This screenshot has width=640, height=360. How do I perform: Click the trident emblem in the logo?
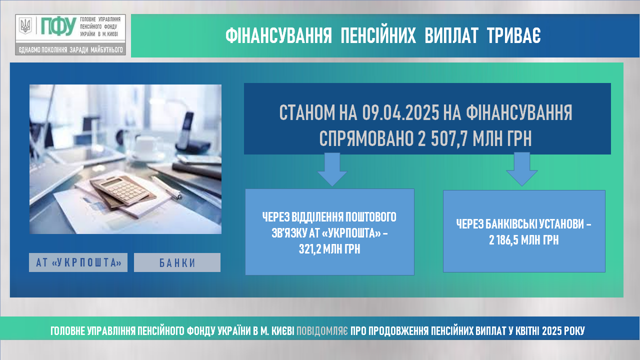tap(25, 25)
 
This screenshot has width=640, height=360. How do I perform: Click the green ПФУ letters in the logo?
tap(58, 26)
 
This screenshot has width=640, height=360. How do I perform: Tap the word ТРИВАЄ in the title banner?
tap(513, 36)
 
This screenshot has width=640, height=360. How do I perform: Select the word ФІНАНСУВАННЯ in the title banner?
tap(278, 36)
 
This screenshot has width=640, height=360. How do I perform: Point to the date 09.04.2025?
tap(400, 112)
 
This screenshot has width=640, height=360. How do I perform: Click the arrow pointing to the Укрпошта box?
tap(332, 169)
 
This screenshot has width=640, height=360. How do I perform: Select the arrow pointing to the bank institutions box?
tap(522, 169)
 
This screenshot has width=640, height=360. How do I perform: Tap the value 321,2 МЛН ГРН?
tap(329, 249)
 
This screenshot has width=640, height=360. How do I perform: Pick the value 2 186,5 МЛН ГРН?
tap(523, 240)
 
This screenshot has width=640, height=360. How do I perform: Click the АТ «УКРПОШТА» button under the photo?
tap(78, 262)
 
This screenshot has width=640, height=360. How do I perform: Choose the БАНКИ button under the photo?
tap(177, 262)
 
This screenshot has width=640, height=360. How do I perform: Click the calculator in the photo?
tap(123, 190)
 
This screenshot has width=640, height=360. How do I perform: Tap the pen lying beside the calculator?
tap(166, 187)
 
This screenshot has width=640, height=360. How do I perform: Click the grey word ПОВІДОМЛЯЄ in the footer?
tap(322, 331)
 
